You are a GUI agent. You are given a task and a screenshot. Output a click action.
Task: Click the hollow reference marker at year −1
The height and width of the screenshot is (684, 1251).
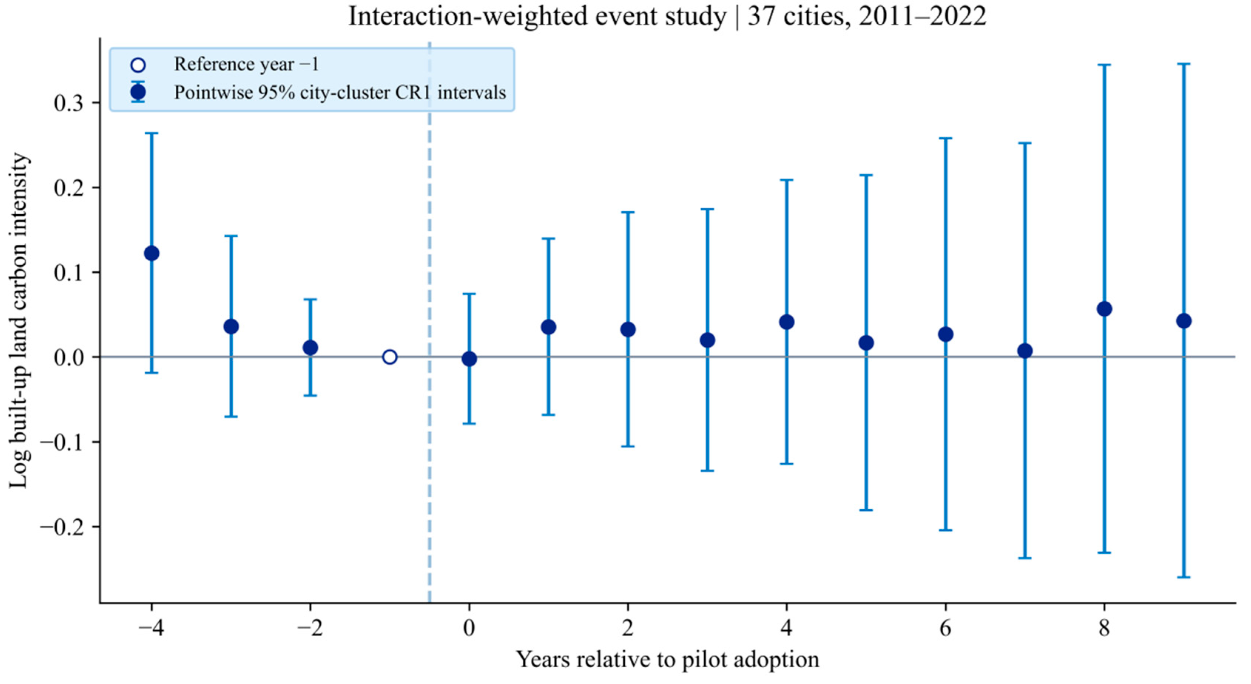click(390, 357)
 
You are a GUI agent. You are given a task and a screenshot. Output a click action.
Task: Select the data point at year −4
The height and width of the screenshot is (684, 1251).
click(152, 254)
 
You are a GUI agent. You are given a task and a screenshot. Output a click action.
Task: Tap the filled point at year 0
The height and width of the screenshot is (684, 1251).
click(469, 359)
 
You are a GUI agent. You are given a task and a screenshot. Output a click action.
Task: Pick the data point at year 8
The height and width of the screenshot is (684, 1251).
click(1105, 309)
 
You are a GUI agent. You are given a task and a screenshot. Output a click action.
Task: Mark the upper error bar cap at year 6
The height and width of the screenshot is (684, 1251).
click(945, 138)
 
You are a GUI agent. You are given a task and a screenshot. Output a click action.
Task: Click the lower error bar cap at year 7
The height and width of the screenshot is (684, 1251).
click(1025, 558)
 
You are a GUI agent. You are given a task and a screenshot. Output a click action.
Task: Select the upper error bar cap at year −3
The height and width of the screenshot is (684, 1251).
click(231, 236)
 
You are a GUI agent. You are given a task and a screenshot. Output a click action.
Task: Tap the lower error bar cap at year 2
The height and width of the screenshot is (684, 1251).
click(628, 446)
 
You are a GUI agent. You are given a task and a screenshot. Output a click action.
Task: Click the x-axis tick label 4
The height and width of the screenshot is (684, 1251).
click(787, 628)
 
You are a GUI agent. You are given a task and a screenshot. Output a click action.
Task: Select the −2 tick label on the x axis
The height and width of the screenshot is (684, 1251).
click(310, 628)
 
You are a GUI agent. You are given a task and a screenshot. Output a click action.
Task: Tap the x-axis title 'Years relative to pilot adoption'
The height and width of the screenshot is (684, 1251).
click(667, 660)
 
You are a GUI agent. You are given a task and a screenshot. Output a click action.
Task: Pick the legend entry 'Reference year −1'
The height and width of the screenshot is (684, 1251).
click(246, 64)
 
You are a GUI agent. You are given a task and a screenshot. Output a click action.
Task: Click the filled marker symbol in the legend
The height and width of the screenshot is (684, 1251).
click(138, 92)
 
